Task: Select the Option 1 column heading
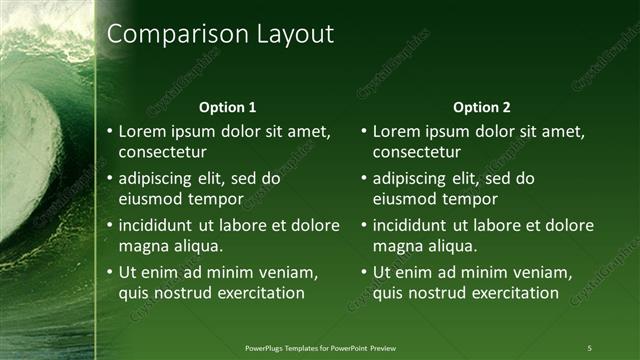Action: [x=228, y=107]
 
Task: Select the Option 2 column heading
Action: [x=481, y=107]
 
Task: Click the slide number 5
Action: [x=589, y=347]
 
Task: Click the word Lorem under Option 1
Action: [x=144, y=131]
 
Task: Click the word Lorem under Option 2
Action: [x=398, y=131]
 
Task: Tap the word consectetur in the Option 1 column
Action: [x=162, y=152]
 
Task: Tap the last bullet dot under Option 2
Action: [x=364, y=272]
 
